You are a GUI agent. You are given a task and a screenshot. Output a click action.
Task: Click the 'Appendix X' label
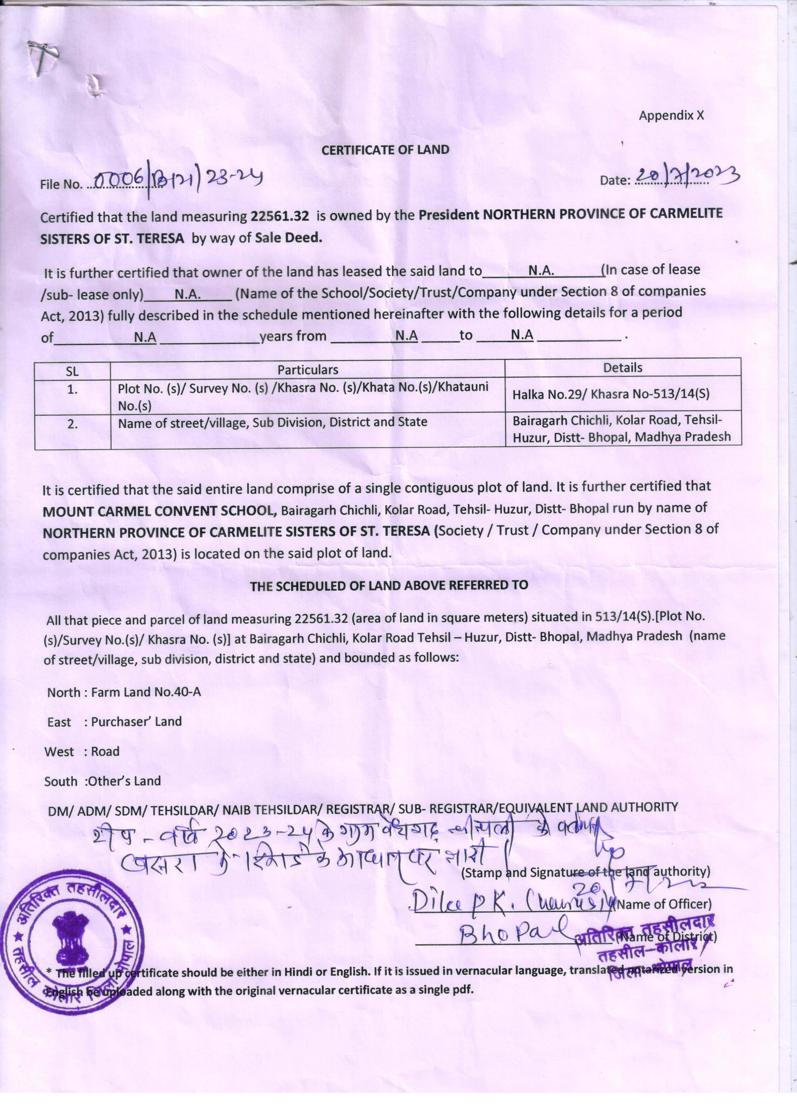tap(671, 115)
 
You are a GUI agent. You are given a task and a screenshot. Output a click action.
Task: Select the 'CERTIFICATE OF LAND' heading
tap(385, 150)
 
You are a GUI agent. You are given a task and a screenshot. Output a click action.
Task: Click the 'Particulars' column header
tap(308, 370)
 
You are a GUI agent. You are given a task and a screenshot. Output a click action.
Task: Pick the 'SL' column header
tap(72, 371)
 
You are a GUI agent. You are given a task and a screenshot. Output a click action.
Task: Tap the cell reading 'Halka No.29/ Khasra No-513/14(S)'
tap(610, 394)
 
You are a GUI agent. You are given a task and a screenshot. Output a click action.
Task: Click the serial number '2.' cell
tap(72, 424)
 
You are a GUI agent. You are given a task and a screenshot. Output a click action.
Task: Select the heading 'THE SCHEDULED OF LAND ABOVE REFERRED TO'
tap(389, 585)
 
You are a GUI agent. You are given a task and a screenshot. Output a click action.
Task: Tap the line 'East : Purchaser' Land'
tap(114, 722)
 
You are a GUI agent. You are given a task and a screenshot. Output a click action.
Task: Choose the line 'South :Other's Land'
tap(102, 781)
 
